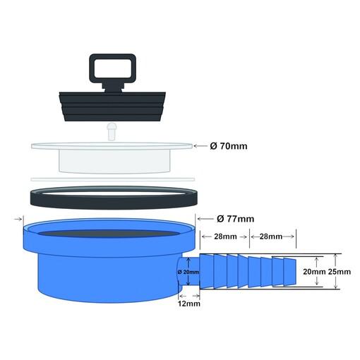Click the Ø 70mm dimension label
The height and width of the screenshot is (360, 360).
(229, 146)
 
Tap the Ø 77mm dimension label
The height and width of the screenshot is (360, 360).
(235, 219)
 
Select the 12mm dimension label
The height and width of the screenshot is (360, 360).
(189, 304)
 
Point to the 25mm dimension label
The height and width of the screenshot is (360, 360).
(340, 272)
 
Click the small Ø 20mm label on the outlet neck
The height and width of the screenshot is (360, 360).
(188, 272)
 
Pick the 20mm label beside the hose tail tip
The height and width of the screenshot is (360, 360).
(314, 272)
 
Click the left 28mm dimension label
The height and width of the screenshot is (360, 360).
(225, 236)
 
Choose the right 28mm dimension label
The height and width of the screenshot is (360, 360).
(271, 236)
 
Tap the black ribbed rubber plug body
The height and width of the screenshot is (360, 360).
(112, 107)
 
